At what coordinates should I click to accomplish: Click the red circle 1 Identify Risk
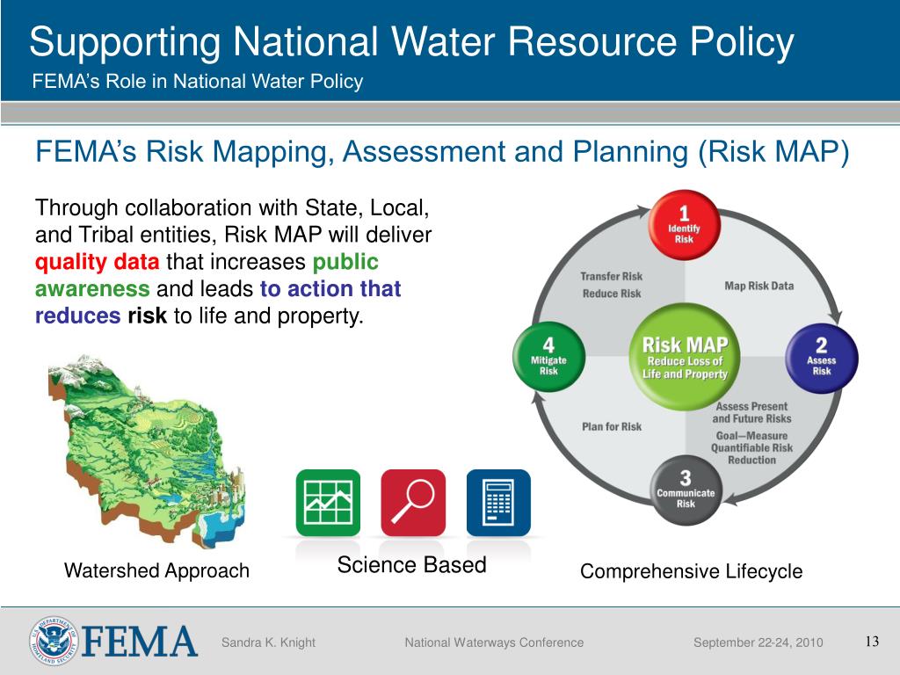[685, 225]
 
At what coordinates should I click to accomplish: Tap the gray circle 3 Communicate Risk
[685, 490]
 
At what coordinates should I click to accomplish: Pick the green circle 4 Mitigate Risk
[548, 358]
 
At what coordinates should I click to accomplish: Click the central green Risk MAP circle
[685, 358]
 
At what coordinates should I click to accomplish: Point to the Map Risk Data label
[758, 286]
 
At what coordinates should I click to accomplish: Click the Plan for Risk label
[612, 426]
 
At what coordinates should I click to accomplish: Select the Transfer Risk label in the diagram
[612, 276]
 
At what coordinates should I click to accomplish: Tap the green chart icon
[328, 503]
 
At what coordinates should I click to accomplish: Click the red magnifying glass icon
[413, 503]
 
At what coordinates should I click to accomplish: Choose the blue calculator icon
[498, 503]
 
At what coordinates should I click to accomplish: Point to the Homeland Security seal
[54, 641]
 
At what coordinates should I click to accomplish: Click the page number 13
[872, 641]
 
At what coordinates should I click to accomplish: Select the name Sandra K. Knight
[268, 642]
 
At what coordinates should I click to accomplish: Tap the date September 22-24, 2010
[758, 642]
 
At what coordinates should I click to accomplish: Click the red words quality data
[98, 262]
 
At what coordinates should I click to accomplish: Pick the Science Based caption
[411, 565]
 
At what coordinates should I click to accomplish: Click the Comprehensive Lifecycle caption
[691, 571]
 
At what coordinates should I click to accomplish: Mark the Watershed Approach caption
[156, 571]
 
